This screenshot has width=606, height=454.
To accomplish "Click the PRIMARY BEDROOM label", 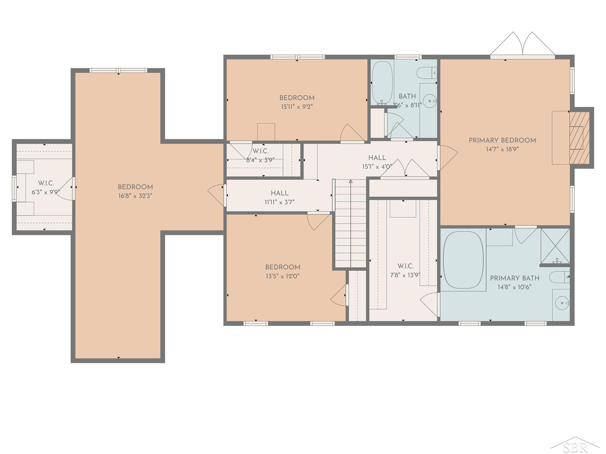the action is pos(502,140).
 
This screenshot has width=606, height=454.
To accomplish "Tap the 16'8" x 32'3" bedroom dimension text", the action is pos(135,196).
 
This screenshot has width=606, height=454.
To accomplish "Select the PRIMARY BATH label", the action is pos(515,278).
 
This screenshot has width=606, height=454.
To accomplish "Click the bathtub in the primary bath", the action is pos(463,260).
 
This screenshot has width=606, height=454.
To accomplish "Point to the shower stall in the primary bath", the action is pos(555,246).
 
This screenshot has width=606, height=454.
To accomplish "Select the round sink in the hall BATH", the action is pos(429,101).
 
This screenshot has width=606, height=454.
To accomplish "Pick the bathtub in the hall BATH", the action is pos(382,82).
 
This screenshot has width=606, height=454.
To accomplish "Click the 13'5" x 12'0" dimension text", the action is pos(283,276).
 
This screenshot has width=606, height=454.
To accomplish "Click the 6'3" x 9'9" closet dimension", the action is pos(46,192).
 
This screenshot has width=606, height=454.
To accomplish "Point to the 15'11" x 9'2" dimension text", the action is pos(297,107).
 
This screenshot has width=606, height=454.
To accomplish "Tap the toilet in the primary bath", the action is pos(560,277).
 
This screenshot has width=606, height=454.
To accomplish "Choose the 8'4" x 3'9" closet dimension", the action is pos(260,160).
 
